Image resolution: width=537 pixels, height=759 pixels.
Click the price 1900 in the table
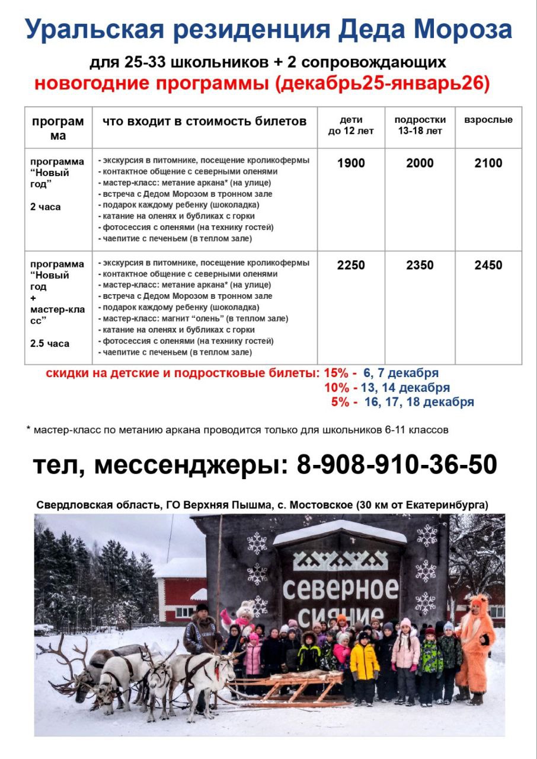click(x=351, y=163)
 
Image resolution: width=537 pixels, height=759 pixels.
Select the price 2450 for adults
click(x=488, y=265)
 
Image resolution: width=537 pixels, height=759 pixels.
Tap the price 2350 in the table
click(x=420, y=265)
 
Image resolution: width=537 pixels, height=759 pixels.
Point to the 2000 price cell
click(x=420, y=163)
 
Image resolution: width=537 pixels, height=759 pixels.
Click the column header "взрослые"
click(x=488, y=120)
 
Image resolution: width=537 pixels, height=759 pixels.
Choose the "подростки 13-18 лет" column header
click(x=420, y=125)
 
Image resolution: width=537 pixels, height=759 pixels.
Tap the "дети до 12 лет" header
click(x=351, y=125)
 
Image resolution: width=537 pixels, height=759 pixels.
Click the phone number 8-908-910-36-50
click(x=397, y=465)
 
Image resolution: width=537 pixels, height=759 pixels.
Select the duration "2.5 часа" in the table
click(x=50, y=343)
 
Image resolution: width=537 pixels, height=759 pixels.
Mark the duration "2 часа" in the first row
click(x=45, y=207)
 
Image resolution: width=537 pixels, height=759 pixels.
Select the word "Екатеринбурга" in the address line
click(x=448, y=505)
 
